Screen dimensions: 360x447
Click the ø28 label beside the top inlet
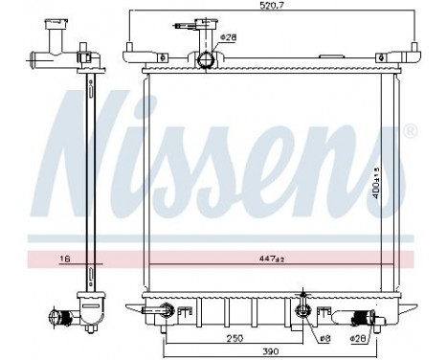228,38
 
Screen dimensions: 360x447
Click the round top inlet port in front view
206,61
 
